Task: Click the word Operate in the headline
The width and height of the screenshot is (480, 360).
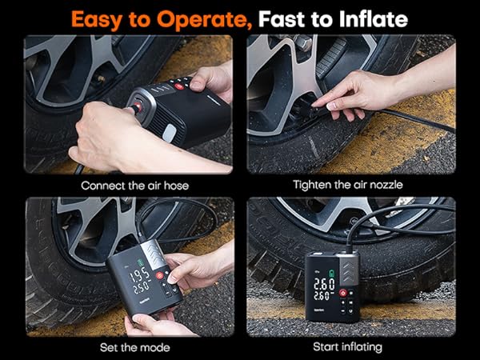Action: click(204, 20)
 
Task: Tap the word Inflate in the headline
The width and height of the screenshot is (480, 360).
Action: click(374, 19)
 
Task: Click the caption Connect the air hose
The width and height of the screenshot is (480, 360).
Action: click(134, 186)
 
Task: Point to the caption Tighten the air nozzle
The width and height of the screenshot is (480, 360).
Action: click(348, 185)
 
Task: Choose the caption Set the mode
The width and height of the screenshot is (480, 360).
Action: click(134, 347)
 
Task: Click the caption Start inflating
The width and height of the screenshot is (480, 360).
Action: click(347, 347)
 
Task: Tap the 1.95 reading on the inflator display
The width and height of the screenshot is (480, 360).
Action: click(139, 276)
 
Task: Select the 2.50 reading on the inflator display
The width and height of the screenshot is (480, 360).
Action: click(141, 287)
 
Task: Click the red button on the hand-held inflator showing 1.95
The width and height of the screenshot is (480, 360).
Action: click(159, 275)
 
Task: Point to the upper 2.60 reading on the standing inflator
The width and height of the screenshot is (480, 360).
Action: click(324, 284)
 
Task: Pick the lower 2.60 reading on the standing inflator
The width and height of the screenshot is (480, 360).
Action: click(322, 296)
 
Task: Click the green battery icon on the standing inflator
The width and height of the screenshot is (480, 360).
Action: click(331, 273)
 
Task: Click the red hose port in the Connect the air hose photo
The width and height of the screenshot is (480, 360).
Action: click(138, 107)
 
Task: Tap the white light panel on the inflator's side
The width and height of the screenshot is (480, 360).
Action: click(170, 134)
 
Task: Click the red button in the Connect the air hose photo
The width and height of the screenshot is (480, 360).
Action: click(179, 86)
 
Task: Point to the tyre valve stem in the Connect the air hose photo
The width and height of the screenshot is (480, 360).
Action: click(102, 80)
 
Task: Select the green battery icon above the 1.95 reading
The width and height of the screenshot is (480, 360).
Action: click(140, 262)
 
